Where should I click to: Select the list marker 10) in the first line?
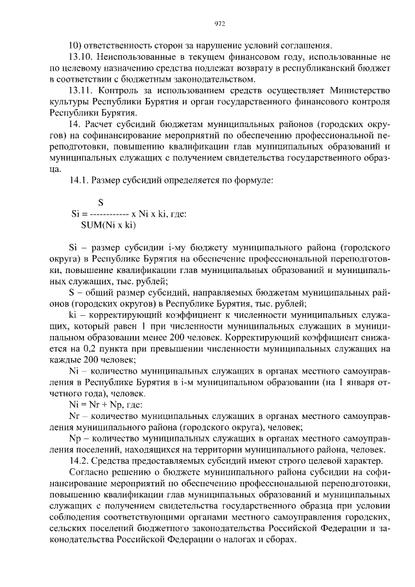tap(75, 45)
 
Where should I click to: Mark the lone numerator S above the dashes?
tap(101, 202)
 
